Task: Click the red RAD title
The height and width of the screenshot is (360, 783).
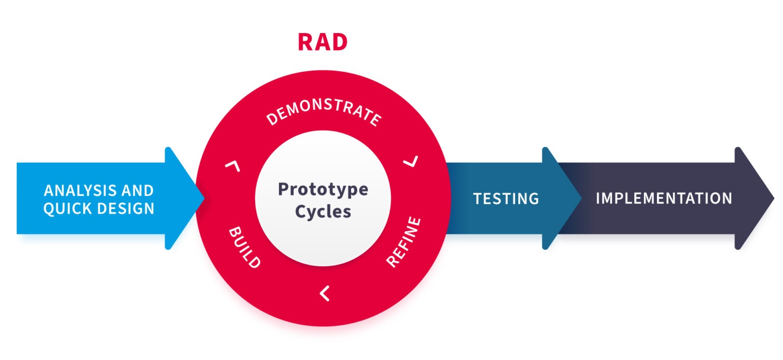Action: [x=322, y=42]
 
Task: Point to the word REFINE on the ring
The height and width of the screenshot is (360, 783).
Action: [x=404, y=242]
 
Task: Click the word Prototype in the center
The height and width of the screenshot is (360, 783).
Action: [x=323, y=189]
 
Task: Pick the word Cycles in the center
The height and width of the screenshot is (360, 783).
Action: [x=323, y=211]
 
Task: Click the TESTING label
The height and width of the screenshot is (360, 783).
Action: [x=506, y=198]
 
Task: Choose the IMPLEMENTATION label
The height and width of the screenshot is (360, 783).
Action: [x=664, y=198]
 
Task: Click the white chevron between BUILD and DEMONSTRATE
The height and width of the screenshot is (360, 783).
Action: [x=232, y=165]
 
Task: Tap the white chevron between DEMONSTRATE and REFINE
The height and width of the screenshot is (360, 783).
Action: [x=411, y=162]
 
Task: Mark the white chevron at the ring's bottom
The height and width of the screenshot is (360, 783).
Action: [x=324, y=293]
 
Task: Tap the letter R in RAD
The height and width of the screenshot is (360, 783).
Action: [x=306, y=42]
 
